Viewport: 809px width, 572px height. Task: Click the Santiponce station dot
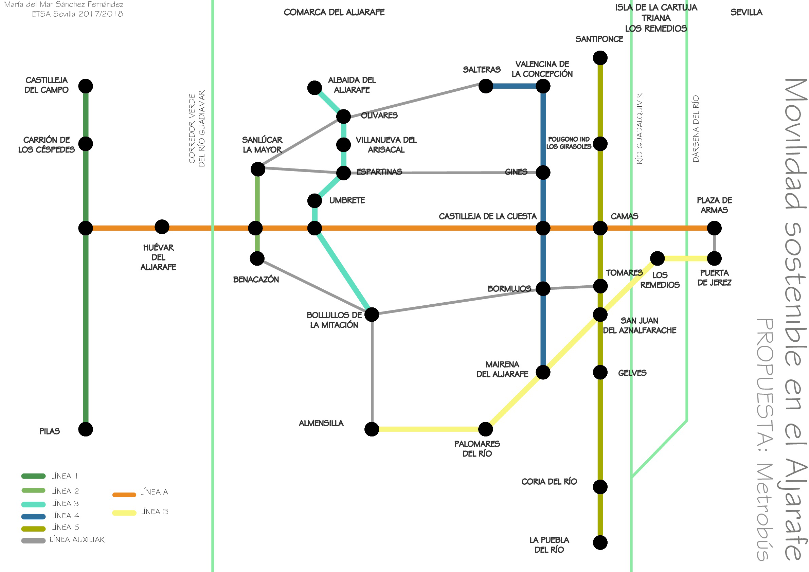click(600, 58)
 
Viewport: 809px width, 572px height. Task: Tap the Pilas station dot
click(86, 429)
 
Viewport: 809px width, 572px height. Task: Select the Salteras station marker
click(486, 86)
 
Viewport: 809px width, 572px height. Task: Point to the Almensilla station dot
click(372, 429)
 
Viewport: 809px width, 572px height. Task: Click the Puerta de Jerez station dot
click(714, 259)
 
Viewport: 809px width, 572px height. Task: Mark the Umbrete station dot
click(314, 201)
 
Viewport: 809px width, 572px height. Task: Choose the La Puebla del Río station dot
click(600, 543)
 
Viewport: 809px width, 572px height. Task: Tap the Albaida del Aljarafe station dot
click(314, 88)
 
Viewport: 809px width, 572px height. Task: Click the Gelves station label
click(632, 373)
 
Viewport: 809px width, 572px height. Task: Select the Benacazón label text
click(256, 280)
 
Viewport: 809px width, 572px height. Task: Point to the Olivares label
click(379, 115)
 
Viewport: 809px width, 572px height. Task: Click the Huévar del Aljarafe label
click(158, 257)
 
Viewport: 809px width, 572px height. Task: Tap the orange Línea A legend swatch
click(124, 495)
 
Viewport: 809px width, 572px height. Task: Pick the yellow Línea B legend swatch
click(124, 513)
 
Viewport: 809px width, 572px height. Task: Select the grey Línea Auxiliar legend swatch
click(34, 541)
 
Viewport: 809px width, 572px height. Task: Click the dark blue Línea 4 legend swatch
click(34, 517)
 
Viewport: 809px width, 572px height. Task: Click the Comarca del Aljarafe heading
click(334, 12)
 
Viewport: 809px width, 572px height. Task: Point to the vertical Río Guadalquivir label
click(640, 128)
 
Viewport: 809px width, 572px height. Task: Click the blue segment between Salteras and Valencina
click(514, 86)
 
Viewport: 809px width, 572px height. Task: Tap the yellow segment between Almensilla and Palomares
click(428, 429)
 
